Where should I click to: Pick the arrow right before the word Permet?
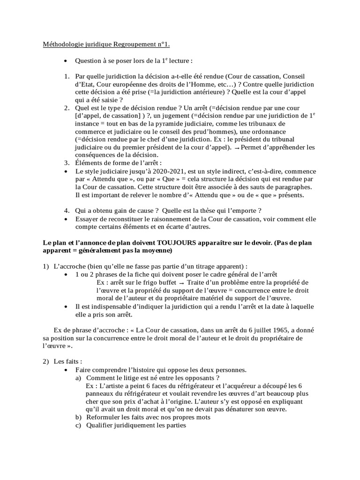click(237, 148)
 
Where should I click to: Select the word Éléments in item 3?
click(89, 163)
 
